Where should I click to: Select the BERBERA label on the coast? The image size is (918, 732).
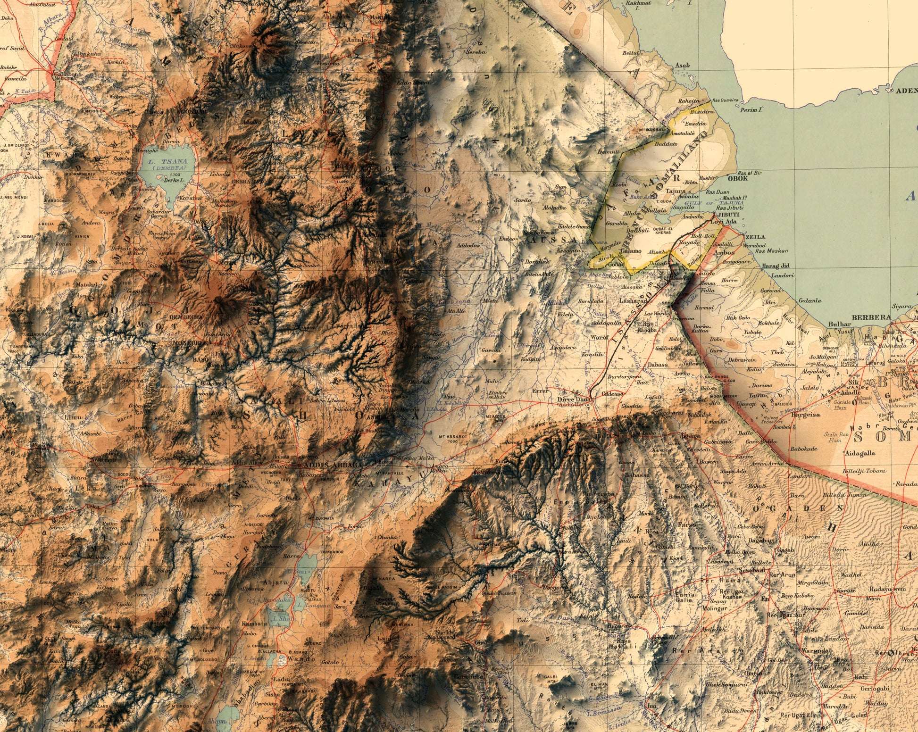tap(871, 317)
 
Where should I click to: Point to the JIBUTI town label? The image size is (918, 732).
tap(727, 214)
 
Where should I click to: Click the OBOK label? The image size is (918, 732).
tap(738, 179)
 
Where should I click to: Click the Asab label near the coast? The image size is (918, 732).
tap(682, 65)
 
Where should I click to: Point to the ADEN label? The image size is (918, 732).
tap(907, 90)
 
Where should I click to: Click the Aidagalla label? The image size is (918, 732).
tap(861, 453)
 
